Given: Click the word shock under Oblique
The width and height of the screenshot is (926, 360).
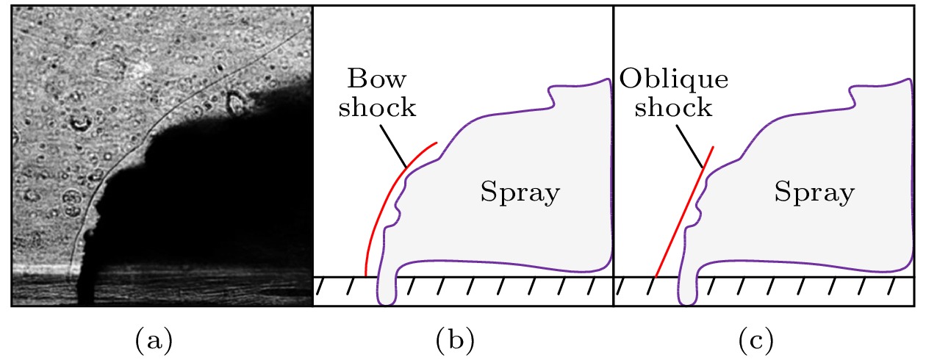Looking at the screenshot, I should click(674, 108).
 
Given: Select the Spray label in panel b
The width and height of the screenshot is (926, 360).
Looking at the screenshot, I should click(520, 194).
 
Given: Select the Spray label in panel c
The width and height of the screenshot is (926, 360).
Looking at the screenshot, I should click(814, 194).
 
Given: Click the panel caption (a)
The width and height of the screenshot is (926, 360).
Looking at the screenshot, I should click(154, 340).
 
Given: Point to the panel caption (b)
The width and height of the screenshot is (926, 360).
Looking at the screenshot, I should click(455, 340).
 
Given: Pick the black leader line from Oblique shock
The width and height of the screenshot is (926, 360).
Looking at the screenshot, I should click(691, 144).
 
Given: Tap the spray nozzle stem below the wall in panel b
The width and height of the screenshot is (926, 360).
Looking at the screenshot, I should click(387, 290).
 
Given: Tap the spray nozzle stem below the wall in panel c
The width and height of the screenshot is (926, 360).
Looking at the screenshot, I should click(687, 290).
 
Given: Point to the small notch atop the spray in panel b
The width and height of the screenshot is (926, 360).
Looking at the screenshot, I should click(550, 94).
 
